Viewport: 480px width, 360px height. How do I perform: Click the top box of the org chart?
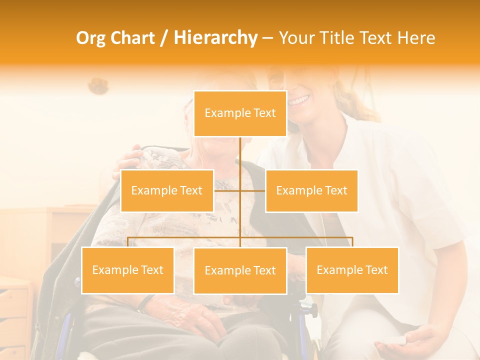click(240, 113)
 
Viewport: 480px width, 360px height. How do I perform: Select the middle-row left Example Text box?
click(167, 190)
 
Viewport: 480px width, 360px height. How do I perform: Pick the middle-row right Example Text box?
click(311, 190)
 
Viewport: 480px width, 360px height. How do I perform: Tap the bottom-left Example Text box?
click(127, 270)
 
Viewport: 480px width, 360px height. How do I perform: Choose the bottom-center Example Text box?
click(240, 270)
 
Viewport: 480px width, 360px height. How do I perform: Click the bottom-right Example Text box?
click(352, 270)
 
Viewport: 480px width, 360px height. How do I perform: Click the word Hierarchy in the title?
click(215, 38)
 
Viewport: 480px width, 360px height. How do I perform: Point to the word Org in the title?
click(91, 38)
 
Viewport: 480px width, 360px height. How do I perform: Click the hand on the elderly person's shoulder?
click(128, 162)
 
